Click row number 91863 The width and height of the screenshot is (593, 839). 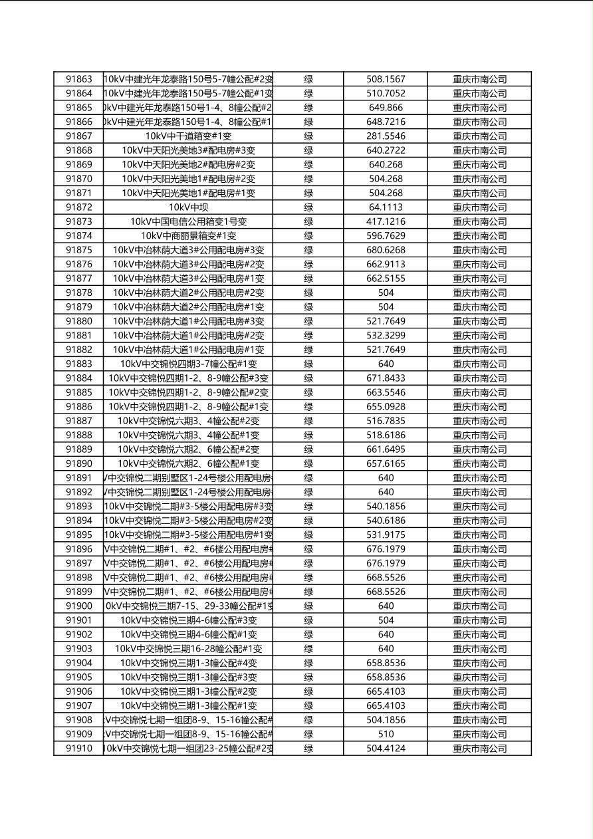coord(79,79)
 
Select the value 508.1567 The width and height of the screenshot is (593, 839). coord(386,79)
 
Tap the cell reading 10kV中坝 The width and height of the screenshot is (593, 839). coord(188,207)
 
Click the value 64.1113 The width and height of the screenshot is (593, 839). coord(386,207)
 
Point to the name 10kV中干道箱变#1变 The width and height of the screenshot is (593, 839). coord(188,136)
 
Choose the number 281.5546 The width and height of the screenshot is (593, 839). coord(386,136)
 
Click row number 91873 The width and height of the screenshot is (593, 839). coord(79,221)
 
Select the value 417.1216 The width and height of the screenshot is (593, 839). coord(386,221)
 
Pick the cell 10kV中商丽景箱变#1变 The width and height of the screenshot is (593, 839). coord(188,236)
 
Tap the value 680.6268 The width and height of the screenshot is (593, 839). coord(386,250)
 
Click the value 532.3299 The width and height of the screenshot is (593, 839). coord(386,336)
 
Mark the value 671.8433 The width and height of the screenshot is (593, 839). coord(386,378)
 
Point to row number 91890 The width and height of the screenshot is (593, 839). coord(79,463)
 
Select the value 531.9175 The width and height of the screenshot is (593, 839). coord(386,535)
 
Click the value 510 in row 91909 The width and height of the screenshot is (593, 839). coord(386,735)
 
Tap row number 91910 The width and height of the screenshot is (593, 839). coord(79,749)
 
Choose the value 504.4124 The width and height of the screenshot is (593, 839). coord(386,749)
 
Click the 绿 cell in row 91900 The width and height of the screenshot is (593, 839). coord(308,606)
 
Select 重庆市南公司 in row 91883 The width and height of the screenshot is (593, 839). coord(479,364)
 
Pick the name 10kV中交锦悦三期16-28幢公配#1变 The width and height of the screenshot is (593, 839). coord(188,649)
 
